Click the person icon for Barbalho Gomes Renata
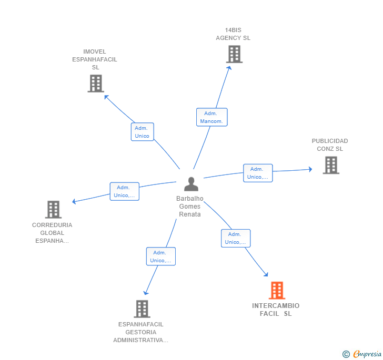tap(191, 184)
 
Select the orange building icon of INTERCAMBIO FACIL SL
tap(277, 291)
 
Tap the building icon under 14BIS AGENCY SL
tap(234, 54)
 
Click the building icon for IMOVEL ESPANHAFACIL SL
tap(96, 84)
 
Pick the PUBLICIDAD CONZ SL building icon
tap(331, 165)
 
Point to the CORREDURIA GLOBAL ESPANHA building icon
tap(53, 209)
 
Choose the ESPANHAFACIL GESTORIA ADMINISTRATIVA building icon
tap(142, 308)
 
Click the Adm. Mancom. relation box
tap(212, 117)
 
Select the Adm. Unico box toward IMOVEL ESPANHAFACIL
tap(143, 132)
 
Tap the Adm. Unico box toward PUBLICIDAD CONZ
tap(258, 173)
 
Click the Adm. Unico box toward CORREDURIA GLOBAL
tap(125, 191)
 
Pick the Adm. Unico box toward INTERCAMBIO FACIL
tap(236, 238)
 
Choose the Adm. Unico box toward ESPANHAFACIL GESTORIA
tap(161, 256)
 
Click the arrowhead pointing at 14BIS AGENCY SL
tap(229, 68)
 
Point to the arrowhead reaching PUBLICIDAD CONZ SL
tap(310, 169)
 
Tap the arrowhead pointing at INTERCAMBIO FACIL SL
tap(266, 274)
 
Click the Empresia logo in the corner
tap(362, 354)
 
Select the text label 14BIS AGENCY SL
tap(233, 34)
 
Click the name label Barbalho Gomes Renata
tap(190, 206)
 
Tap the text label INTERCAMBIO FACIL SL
tap(276, 310)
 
